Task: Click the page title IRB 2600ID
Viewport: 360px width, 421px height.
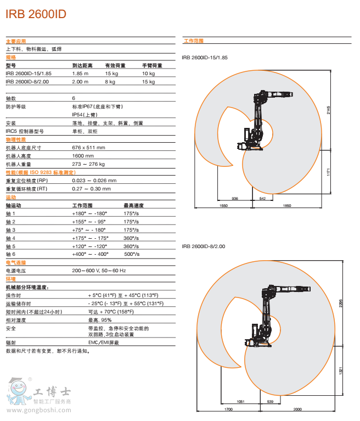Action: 36,15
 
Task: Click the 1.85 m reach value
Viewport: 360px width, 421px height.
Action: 80,74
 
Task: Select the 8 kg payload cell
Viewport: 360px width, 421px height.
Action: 110,82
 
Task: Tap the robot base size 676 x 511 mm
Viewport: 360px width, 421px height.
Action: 88,148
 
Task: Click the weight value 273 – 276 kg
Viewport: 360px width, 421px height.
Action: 88,164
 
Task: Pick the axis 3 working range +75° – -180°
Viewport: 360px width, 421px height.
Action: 89,229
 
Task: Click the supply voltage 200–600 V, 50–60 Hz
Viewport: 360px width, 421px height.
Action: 99,271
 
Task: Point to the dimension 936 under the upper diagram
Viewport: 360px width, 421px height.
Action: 235,198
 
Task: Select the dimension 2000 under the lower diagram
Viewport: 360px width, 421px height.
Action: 297,409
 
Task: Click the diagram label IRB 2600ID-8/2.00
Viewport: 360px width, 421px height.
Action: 203,246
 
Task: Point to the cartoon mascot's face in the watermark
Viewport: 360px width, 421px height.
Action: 15,391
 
